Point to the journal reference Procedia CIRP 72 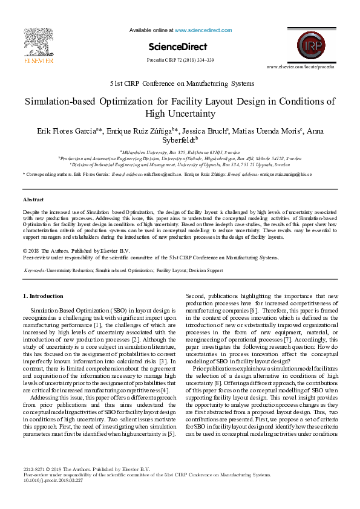(x=180, y=60)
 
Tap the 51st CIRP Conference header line (x=180, y=83)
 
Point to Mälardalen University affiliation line (x=180, y=152)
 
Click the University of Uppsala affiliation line (x=180, y=163)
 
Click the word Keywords (x=36, y=270)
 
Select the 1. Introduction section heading (x=42, y=296)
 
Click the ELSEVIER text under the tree (x=38, y=60)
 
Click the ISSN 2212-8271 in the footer (x=34, y=469)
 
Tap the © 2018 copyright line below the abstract (x=76, y=250)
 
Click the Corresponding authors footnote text (x=48, y=174)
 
